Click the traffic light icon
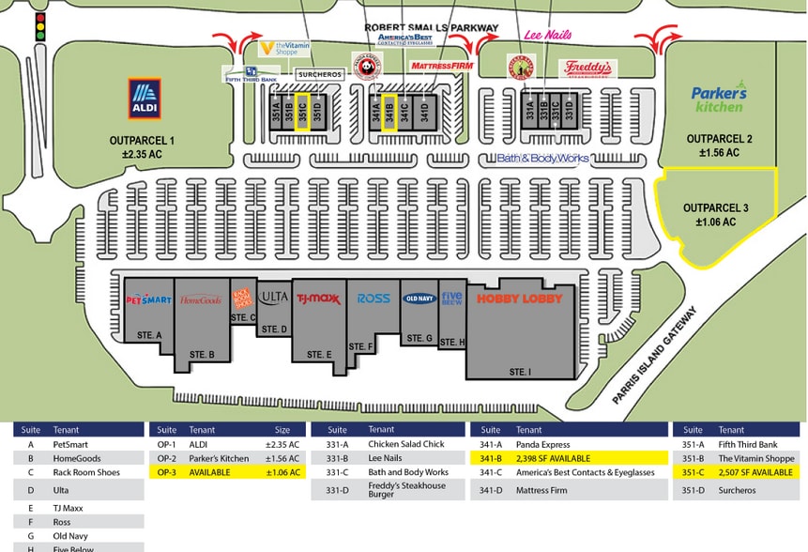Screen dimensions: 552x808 click(39, 26)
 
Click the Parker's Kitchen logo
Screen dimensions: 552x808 click(719, 99)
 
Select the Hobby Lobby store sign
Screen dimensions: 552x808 click(519, 299)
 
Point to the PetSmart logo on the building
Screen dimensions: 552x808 click(148, 299)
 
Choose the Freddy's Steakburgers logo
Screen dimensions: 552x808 click(587, 69)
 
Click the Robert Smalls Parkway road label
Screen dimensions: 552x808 click(431, 28)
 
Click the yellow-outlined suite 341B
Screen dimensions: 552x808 click(389, 111)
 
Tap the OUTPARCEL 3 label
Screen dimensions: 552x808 click(715, 215)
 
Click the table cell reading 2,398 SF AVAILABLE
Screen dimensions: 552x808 click(568, 458)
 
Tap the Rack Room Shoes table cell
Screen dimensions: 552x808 click(87, 473)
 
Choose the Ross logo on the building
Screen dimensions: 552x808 click(374, 299)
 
